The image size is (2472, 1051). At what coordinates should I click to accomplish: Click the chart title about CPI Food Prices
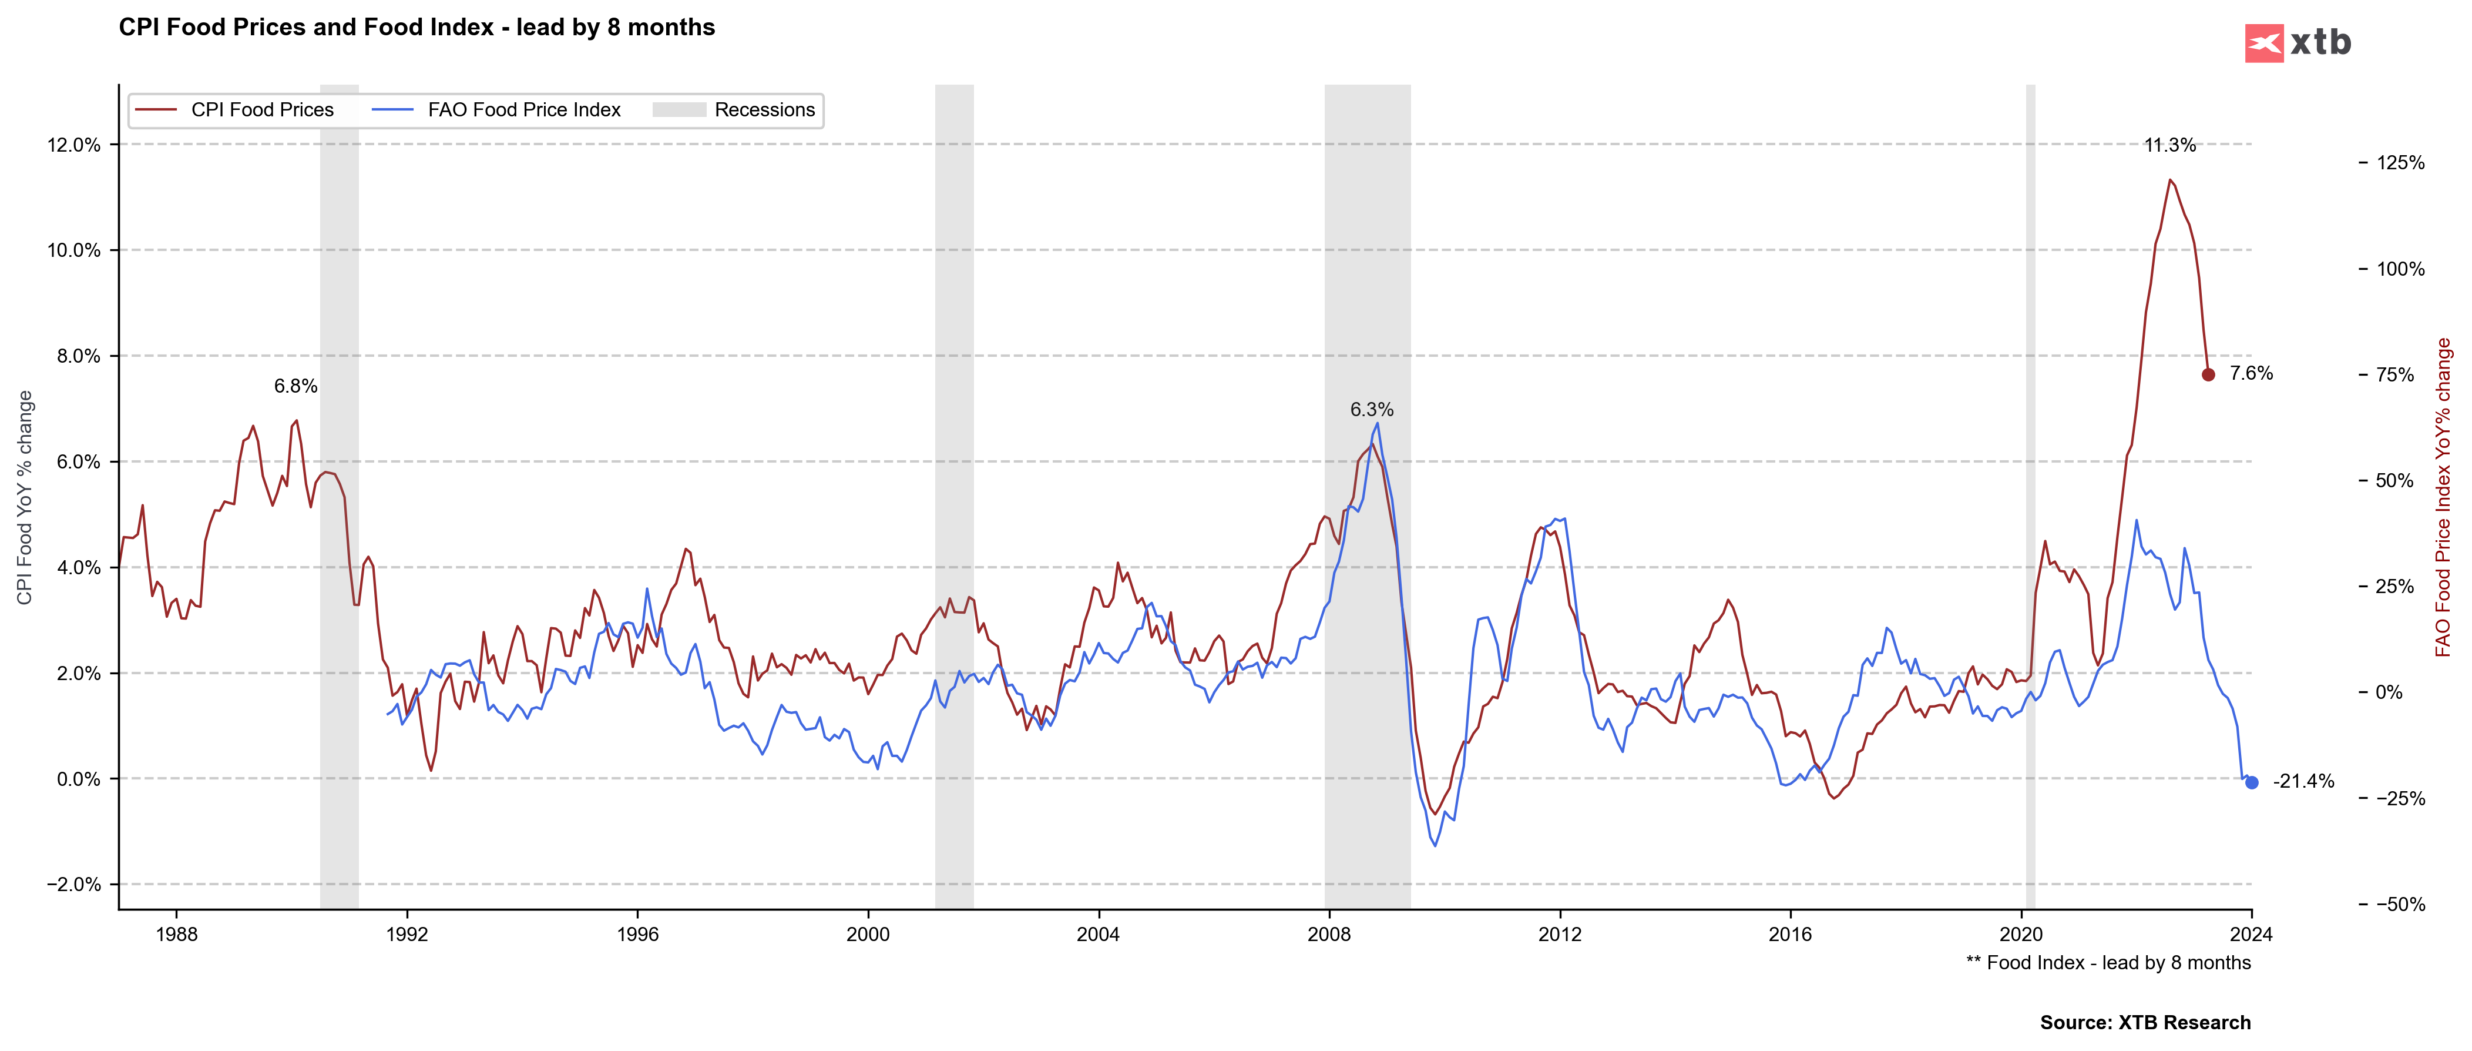point(417,27)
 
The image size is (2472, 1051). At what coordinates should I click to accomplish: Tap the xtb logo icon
point(2264,43)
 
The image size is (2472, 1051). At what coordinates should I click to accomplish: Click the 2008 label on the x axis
point(1329,934)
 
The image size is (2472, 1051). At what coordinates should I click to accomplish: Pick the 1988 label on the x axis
point(177,934)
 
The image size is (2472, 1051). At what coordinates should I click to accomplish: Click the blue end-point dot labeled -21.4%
point(2251,782)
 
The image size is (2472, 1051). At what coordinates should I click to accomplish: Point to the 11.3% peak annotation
point(2169,145)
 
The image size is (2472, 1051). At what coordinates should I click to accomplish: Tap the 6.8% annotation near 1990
point(295,386)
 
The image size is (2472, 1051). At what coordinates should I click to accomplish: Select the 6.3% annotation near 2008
point(1371,410)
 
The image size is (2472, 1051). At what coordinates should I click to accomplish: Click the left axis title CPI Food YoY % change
point(25,497)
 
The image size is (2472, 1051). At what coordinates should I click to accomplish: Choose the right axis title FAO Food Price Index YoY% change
point(2443,497)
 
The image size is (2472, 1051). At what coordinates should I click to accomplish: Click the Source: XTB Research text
point(2145,1022)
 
